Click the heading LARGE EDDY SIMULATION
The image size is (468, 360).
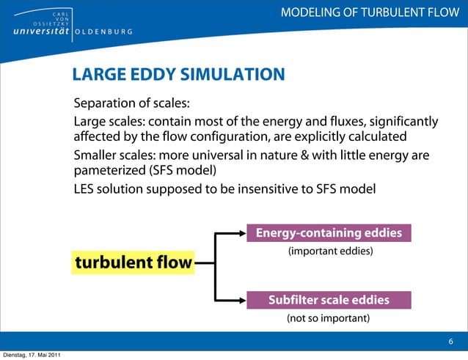tap(178, 74)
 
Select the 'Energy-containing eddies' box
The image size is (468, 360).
tap(329, 233)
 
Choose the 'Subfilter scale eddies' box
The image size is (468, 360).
tap(329, 300)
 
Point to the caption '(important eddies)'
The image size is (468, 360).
tap(329, 251)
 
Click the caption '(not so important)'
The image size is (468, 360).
tap(327, 318)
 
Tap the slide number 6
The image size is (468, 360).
tap(451, 342)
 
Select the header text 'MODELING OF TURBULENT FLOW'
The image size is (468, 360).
tap(374, 12)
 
